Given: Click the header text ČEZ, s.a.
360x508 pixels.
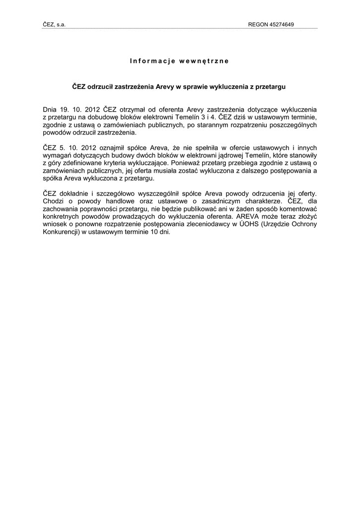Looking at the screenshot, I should tap(54, 24).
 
